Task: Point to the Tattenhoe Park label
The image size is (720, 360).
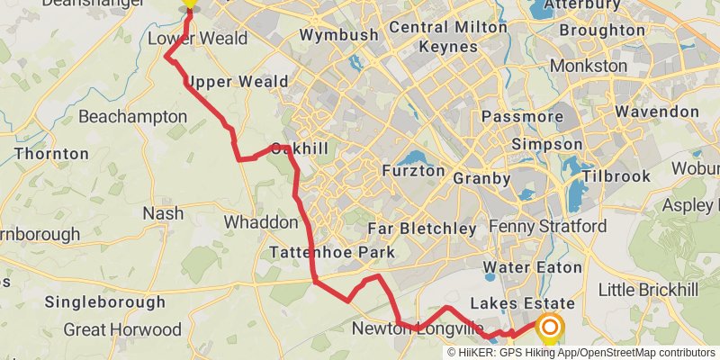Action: [x=333, y=253]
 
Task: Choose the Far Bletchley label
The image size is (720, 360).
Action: [x=422, y=229]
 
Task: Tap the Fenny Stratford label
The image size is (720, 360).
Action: [x=549, y=225]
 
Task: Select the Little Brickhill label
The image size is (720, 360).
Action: [x=649, y=290]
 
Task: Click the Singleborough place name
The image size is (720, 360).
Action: [x=105, y=301]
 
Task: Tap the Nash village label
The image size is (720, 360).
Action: [x=163, y=214]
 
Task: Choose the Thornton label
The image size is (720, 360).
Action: [x=51, y=154]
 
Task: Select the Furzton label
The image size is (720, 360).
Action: [x=413, y=170]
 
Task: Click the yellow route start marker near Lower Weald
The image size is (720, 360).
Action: [x=188, y=5]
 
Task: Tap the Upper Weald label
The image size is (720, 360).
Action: [x=237, y=82]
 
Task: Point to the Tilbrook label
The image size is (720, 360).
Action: [x=616, y=176]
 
